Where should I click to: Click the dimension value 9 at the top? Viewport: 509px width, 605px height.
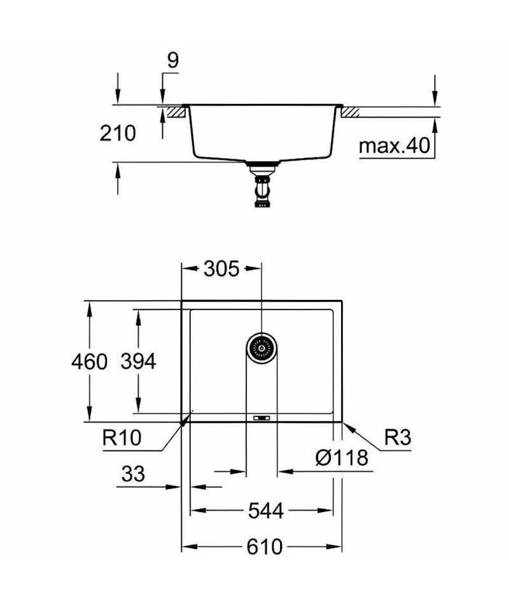(173, 60)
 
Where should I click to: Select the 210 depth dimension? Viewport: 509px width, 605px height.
(118, 133)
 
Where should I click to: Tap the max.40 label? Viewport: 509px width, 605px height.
(394, 146)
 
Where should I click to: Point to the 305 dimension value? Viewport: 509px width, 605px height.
(221, 269)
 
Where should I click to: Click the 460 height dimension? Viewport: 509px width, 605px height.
(89, 362)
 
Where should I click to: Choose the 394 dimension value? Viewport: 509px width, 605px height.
(139, 362)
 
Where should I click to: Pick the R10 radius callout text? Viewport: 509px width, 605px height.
(122, 438)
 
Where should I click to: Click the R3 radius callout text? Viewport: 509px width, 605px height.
(398, 437)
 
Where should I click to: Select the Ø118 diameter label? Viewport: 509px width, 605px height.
(342, 458)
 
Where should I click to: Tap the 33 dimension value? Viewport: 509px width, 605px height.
(133, 474)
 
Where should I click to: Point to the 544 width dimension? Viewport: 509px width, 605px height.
(266, 511)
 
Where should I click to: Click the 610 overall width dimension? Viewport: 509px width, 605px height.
(265, 547)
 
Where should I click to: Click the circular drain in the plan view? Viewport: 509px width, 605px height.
(262, 348)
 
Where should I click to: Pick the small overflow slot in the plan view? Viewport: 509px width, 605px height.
(261, 418)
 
